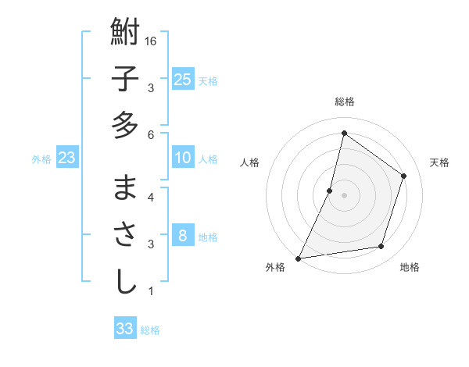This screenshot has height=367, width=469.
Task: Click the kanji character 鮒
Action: (125, 34)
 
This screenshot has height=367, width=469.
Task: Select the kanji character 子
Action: (125, 80)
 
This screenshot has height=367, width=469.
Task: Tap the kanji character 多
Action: (125, 125)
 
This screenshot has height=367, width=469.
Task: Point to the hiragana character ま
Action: (125, 190)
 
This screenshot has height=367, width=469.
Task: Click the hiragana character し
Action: (125, 281)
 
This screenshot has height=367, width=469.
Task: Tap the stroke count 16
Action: (152, 41)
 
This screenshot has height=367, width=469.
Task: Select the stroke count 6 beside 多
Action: (151, 135)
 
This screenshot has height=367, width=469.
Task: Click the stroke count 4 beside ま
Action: (151, 198)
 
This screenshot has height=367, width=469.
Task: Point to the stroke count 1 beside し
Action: (151, 291)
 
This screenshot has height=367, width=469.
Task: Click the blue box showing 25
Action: (182, 80)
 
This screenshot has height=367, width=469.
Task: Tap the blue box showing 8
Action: (182, 236)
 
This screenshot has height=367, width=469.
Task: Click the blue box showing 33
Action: (124, 329)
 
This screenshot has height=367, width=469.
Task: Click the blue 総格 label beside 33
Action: (150, 330)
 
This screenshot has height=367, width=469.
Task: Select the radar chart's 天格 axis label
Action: (439, 162)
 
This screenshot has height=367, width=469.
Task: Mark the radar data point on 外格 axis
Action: (299, 258)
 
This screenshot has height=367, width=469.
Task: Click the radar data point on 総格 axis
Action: (344, 133)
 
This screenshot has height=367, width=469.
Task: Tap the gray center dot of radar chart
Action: (344, 195)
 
